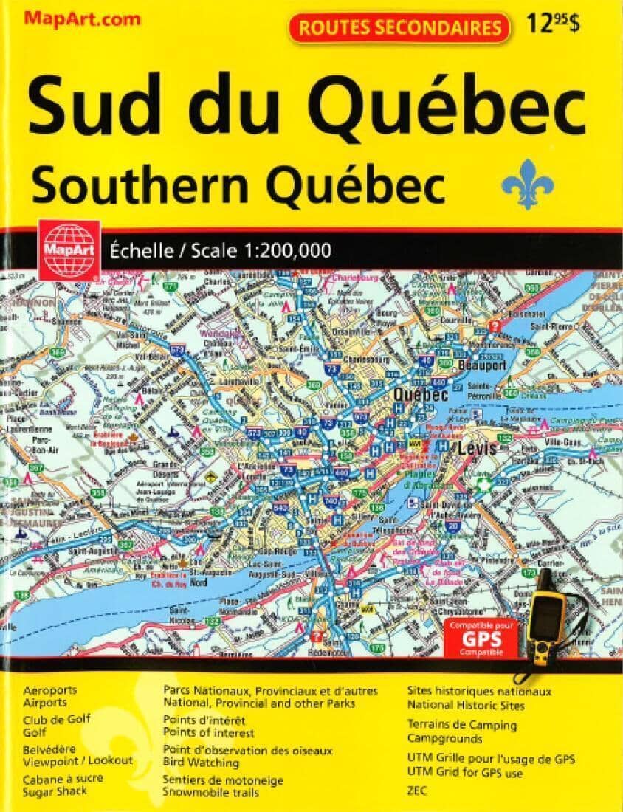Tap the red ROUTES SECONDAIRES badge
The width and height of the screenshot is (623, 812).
pos(399,28)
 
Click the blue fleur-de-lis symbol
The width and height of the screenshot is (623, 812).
pos(527,182)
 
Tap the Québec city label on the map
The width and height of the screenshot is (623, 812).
pos(421,396)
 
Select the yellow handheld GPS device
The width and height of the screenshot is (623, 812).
pos(545,613)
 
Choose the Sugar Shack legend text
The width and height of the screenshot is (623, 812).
pos(55,791)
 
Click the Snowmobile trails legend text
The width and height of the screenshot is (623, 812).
pos(211,793)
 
